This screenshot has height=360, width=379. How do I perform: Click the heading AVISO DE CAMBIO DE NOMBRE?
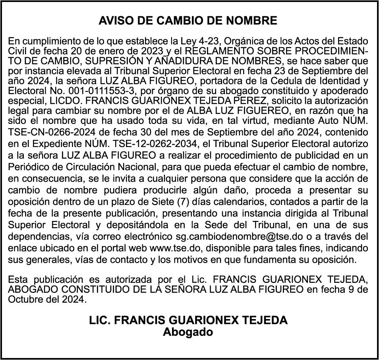point(188,21)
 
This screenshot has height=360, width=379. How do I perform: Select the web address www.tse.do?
point(166,248)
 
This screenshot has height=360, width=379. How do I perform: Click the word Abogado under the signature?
point(188,332)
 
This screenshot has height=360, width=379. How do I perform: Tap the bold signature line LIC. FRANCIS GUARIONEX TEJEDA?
point(188,320)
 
